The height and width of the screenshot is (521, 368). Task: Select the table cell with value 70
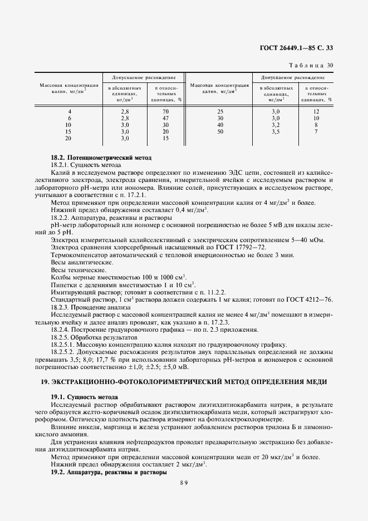[165, 111]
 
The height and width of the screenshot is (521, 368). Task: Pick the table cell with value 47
[165, 118]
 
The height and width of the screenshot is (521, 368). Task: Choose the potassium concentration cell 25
[220, 111]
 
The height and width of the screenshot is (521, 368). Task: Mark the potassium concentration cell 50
[220, 131]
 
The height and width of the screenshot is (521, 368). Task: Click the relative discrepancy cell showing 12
[316, 111]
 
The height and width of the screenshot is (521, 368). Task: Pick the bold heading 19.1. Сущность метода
[84, 396]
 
